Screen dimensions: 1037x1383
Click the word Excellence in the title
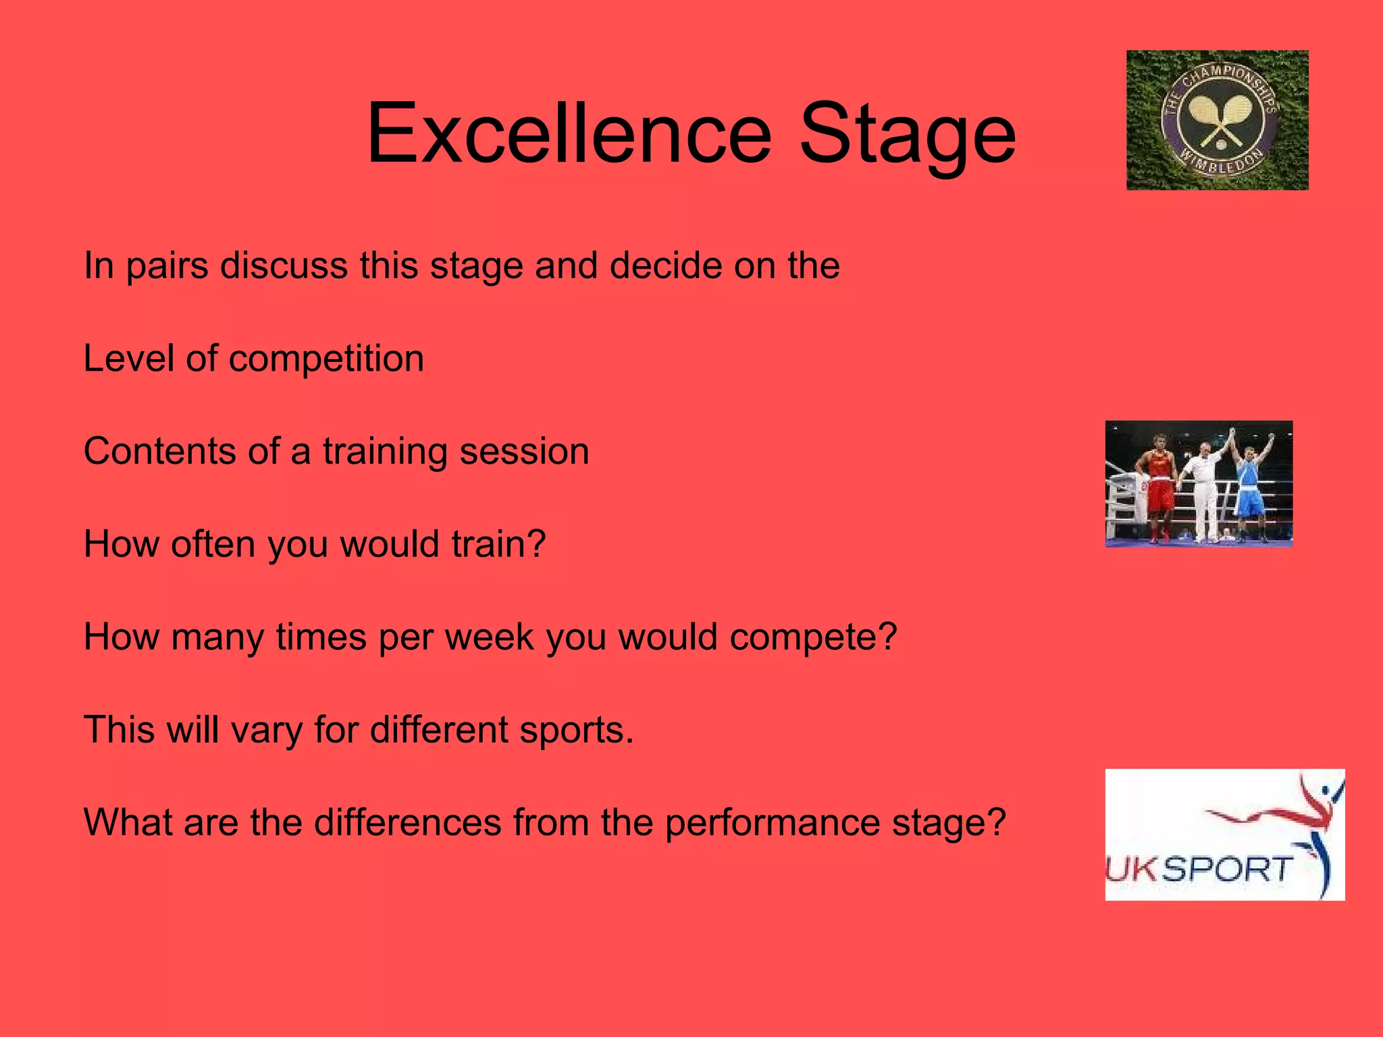point(569,133)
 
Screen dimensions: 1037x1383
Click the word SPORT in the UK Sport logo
point(1228,869)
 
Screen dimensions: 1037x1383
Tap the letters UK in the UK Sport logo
point(1132,870)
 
